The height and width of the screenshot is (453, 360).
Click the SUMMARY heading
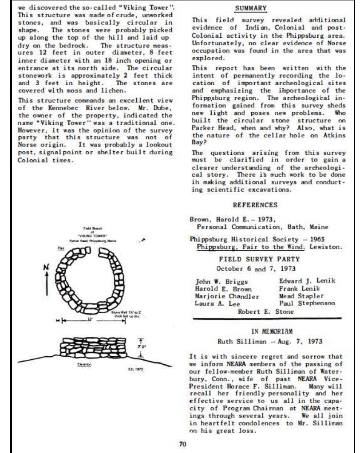click(x=251, y=8)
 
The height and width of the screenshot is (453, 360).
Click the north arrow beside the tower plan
click(x=47, y=280)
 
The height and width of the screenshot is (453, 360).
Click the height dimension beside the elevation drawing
click(x=141, y=345)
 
